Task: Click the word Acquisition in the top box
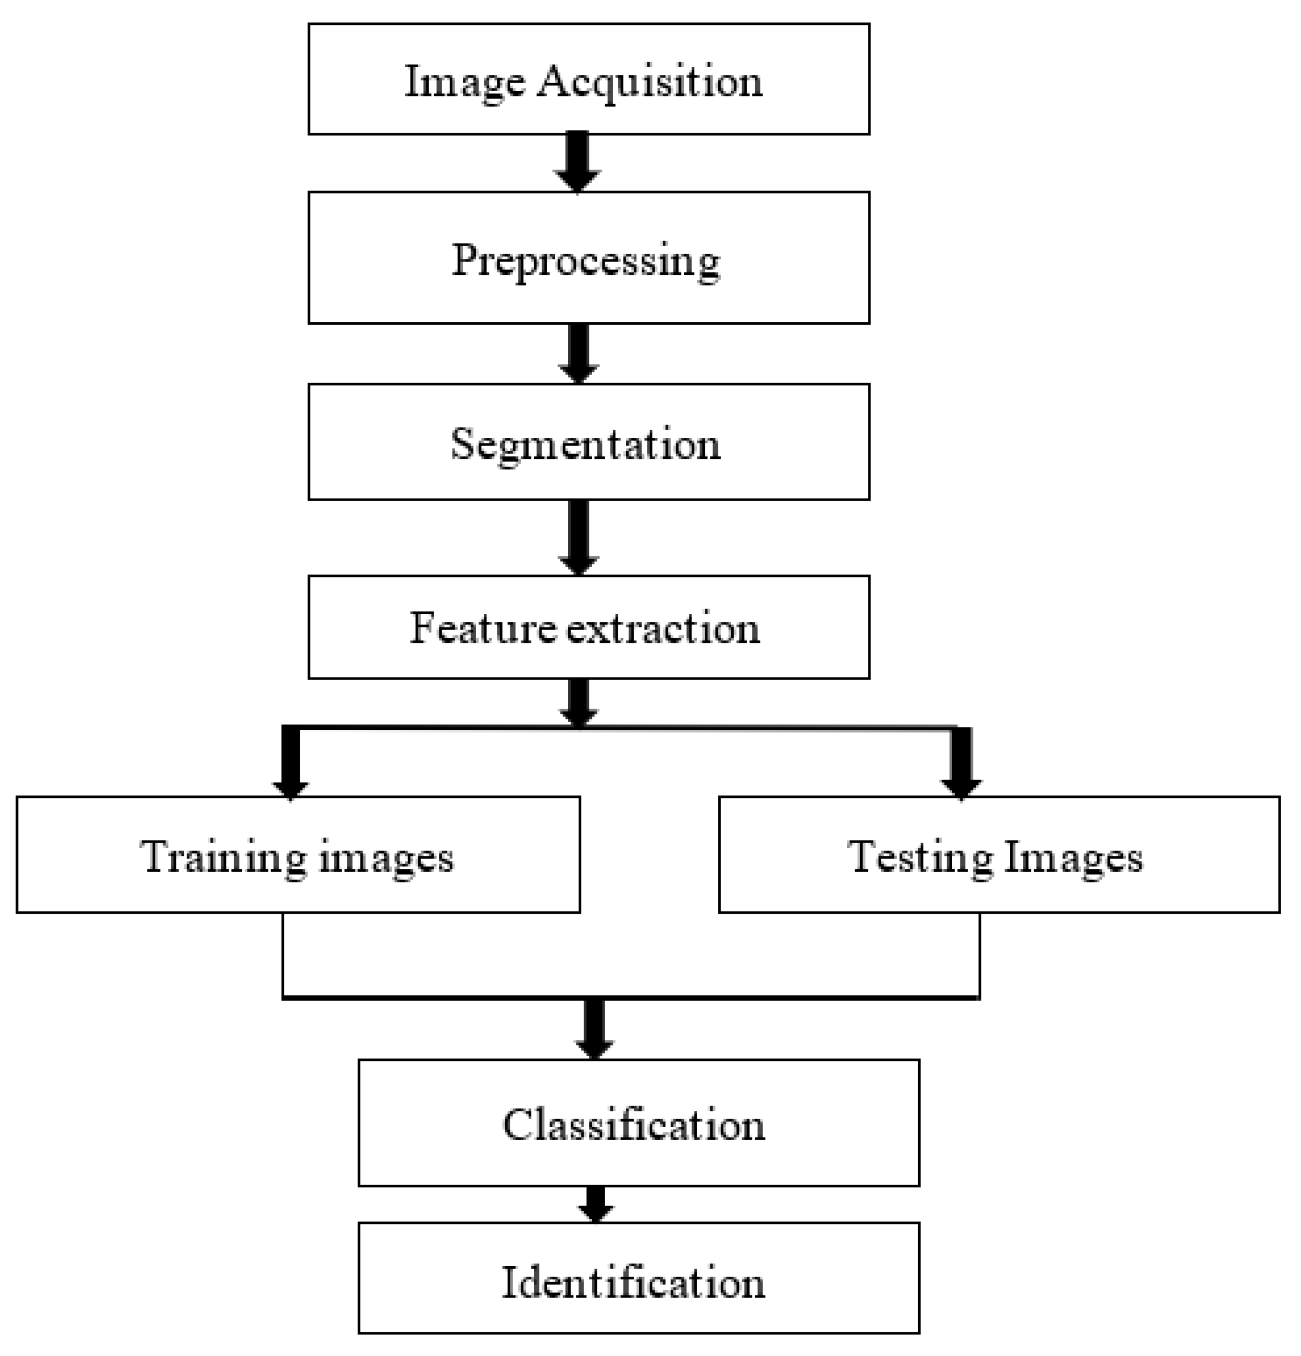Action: click(x=650, y=82)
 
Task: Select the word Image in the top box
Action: click(x=465, y=82)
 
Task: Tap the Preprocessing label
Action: click(x=585, y=262)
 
